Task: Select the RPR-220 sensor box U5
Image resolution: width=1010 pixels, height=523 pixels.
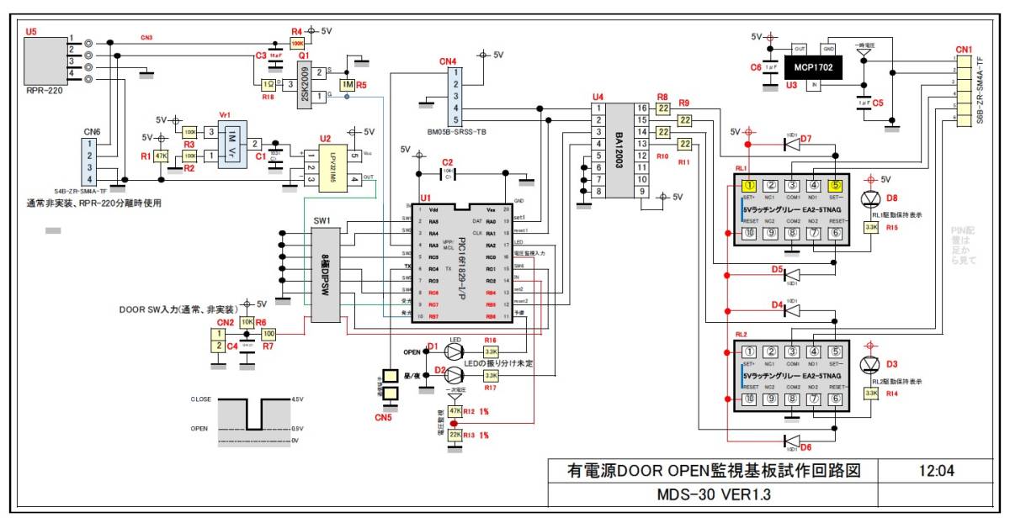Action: [x=43, y=58]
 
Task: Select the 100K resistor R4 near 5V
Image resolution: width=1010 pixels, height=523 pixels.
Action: [x=297, y=42]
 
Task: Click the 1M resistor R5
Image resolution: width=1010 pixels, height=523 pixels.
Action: [x=348, y=85]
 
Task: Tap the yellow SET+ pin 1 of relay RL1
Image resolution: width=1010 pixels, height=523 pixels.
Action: [x=749, y=186]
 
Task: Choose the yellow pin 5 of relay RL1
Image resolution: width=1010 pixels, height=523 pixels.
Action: [x=835, y=186]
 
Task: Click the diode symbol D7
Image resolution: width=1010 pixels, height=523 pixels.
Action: [x=791, y=144]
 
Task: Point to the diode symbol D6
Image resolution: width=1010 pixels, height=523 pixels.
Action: [x=791, y=440]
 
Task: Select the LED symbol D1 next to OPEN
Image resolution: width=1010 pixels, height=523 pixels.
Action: [x=454, y=351]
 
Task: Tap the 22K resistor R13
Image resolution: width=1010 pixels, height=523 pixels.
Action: [x=454, y=435]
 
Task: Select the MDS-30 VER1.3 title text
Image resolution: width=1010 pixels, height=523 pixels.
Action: [x=715, y=494]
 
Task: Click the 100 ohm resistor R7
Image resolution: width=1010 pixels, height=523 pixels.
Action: [x=268, y=334]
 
